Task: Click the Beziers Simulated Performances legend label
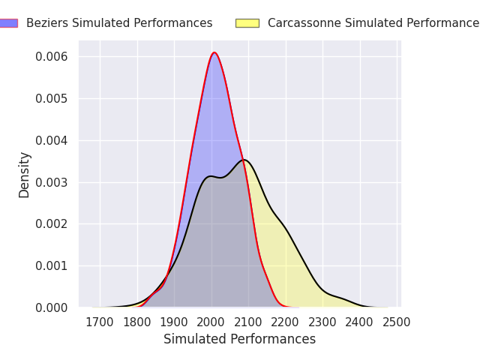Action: tap(119, 23)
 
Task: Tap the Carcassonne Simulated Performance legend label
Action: tap(373, 23)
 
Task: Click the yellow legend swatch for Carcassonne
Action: tap(247, 23)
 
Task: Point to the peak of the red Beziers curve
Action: tap(214, 52)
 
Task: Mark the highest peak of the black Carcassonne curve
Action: tap(243, 160)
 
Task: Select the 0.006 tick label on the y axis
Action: tap(52, 57)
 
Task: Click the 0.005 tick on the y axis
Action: tap(52, 99)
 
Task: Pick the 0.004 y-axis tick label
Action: tap(52, 141)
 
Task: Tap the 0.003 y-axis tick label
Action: tap(52, 182)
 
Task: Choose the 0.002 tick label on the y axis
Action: tap(52, 224)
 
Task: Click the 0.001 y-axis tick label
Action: tap(52, 266)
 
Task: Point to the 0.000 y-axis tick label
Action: tap(52, 308)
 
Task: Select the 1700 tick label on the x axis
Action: tap(100, 322)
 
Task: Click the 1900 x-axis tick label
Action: tap(174, 322)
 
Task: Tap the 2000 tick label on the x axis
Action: tap(211, 322)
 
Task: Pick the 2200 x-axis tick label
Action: tap(286, 322)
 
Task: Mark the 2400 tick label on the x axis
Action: tap(360, 322)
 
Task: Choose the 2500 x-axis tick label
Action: tap(397, 322)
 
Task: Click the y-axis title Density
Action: tap(25, 175)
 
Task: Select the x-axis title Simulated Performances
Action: tap(239, 340)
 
